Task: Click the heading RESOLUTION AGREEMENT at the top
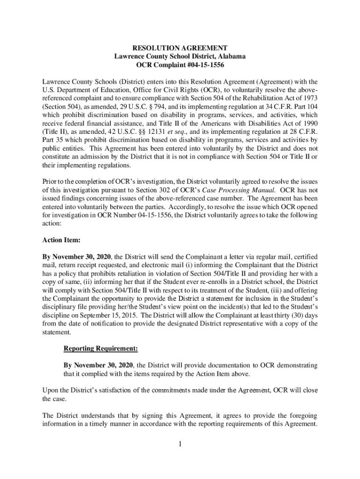[x=180, y=48]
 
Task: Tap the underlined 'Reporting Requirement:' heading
[x=101, y=349]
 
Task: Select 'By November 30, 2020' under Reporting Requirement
[x=98, y=365]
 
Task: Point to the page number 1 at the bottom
[x=180, y=443]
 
